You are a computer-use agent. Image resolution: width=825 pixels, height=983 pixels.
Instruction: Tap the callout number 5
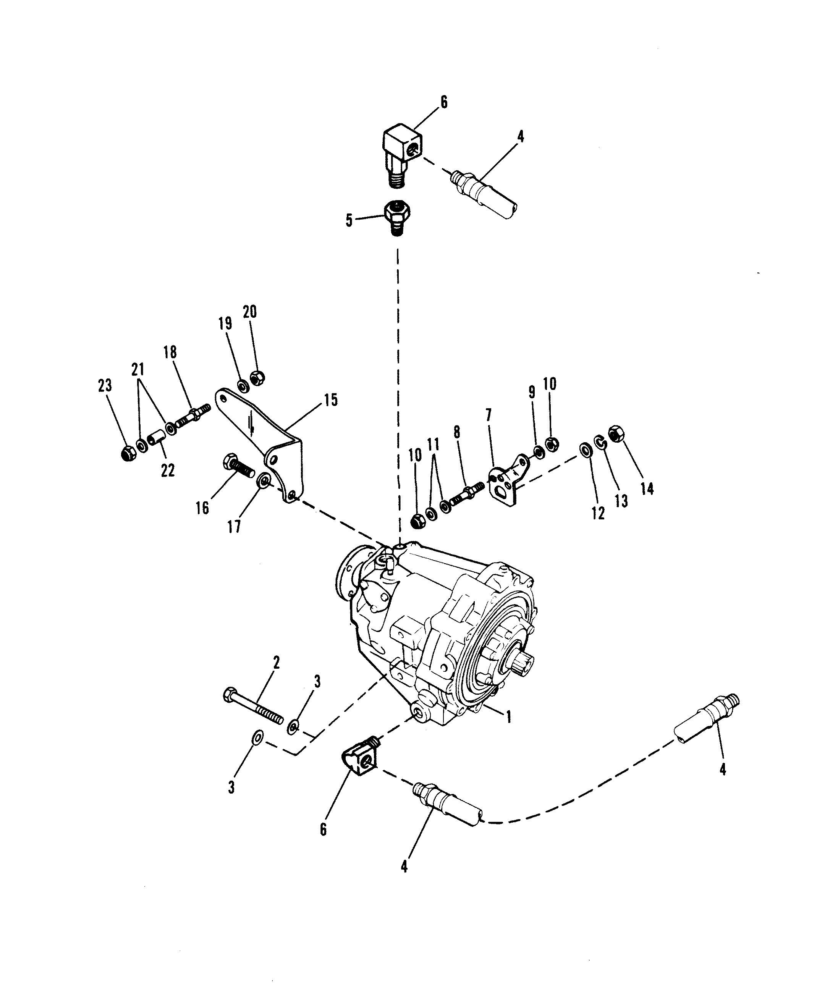point(349,220)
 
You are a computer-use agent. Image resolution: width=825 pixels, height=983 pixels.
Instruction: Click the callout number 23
point(105,386)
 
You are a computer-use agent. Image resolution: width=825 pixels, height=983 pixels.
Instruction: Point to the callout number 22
point(167,470)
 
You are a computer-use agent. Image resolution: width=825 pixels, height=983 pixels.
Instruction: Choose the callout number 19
point(225,324)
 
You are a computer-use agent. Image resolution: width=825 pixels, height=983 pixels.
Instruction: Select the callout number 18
point(170,352)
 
